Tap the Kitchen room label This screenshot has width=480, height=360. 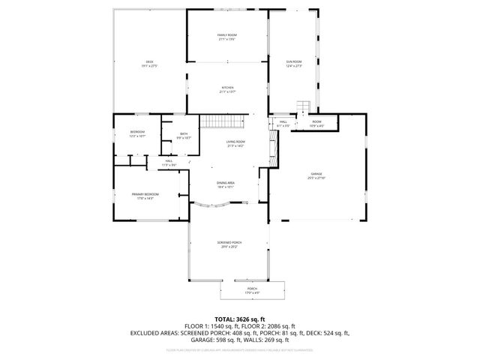pos(227,90)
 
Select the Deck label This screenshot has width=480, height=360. pos(148,64)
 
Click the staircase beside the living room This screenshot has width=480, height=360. pos(223,122)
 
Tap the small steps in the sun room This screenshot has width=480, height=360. pos(304,106)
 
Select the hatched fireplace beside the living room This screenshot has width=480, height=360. pos(273,155)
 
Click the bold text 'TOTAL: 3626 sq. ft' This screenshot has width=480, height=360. pos(239,319)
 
